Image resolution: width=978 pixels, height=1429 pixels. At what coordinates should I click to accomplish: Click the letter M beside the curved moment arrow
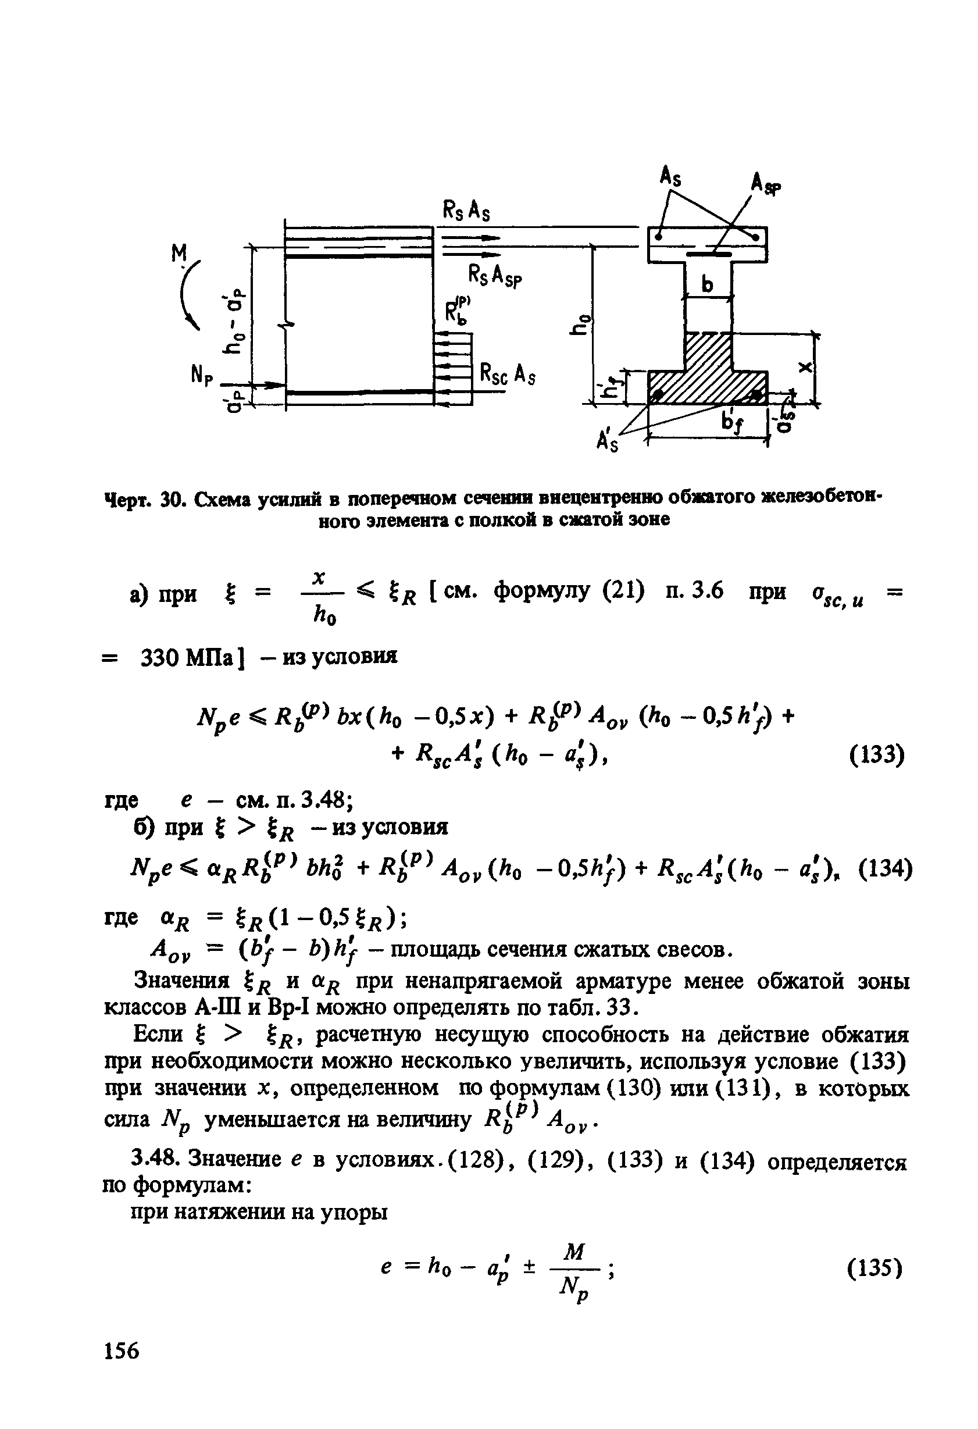pyautogui.click(x=179, y=254)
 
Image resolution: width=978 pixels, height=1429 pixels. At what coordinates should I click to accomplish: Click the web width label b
pyautogui.click(x=709, y=284)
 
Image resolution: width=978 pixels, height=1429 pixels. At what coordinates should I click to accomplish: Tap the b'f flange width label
pyautogui.click(x=732, y=422)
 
